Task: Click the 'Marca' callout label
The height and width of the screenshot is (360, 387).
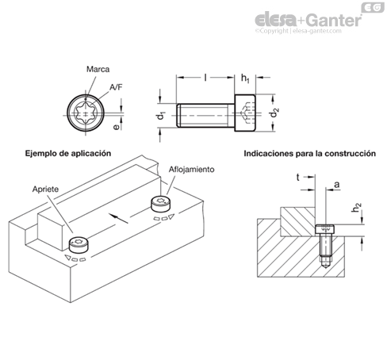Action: pos(98,69)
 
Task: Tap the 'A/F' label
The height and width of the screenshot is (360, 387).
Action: pos(116,87)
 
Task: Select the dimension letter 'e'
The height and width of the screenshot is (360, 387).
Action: pos(116,127)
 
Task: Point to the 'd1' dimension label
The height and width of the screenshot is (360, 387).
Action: pos(161,116)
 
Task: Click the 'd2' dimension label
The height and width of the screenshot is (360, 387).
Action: pos(275,113)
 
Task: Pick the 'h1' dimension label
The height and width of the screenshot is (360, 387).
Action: pos(245,79)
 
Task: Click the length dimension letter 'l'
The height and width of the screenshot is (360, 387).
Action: pos(205,78)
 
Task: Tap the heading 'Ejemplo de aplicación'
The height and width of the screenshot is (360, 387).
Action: pos(68,153)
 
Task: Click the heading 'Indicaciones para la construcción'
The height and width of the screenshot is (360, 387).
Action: pos(309,153)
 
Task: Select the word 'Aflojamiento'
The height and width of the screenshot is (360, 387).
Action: pos(191,169)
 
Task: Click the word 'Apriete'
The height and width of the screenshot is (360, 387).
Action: pos(45,190)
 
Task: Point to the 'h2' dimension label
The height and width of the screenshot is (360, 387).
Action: pos(356,207)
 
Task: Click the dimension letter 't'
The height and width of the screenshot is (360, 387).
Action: pos(298,177)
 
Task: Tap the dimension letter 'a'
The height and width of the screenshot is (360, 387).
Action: pos(336,184)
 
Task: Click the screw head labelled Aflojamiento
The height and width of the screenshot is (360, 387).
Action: pos(160,204)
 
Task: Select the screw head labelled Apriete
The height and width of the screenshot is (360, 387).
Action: pos(79,245)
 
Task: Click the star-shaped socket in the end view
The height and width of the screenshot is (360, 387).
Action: pos(86,115)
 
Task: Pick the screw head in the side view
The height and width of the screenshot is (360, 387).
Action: pos(245,113)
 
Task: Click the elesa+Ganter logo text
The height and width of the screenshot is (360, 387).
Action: pos(308,21)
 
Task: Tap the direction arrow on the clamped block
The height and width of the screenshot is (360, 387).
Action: pos(119,218)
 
